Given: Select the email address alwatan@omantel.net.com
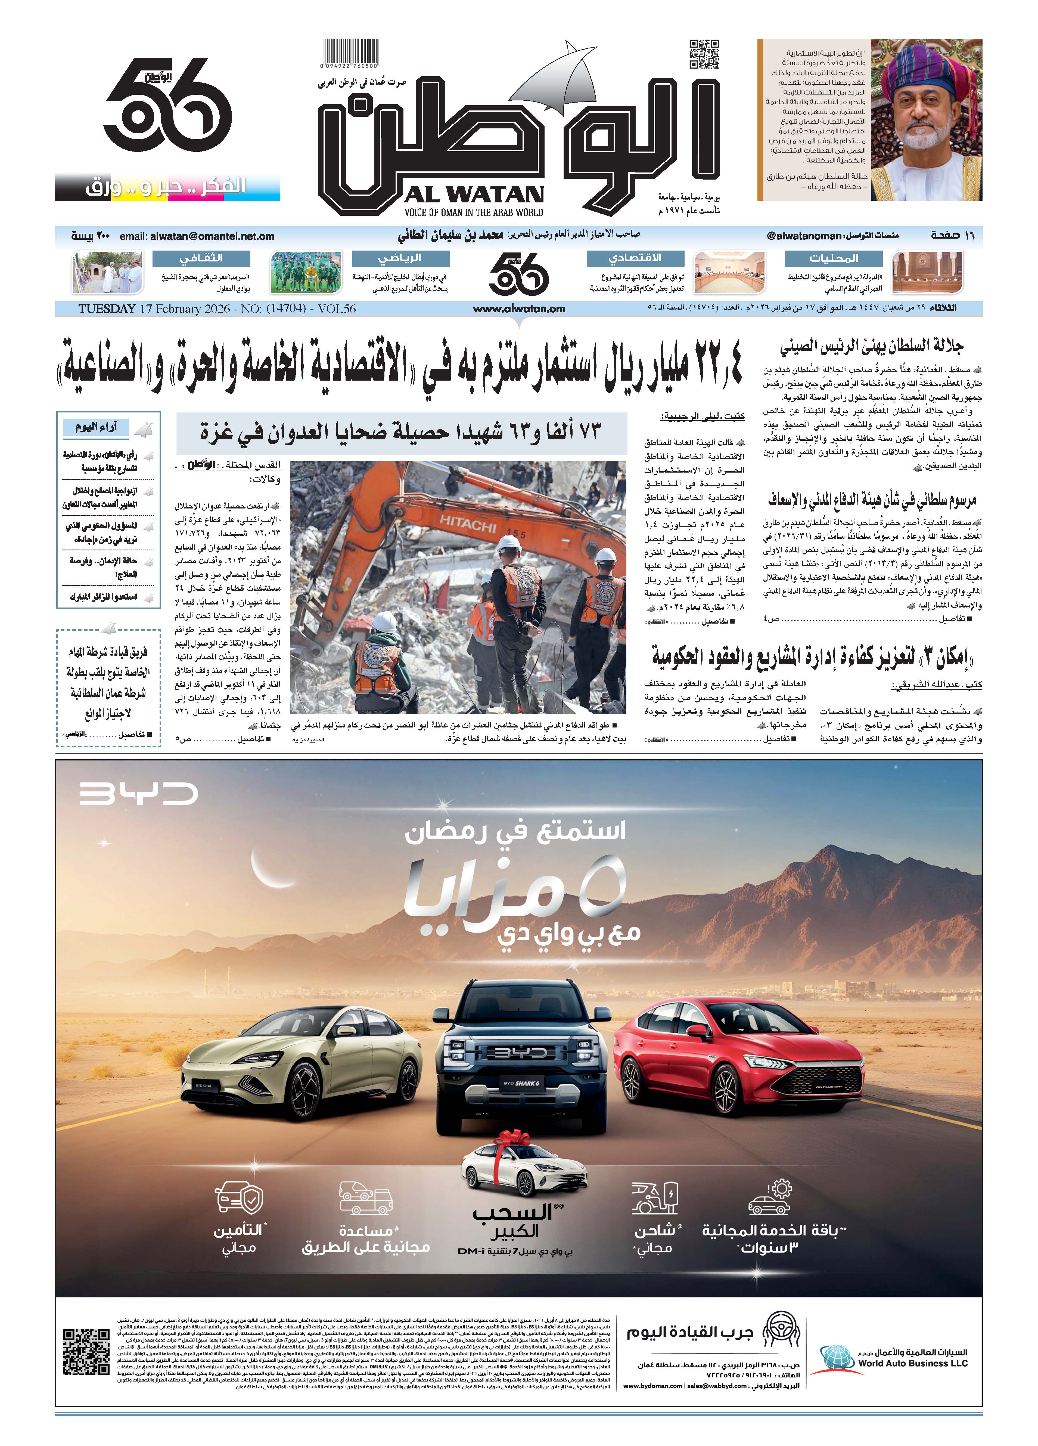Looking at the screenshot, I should click(212, 236).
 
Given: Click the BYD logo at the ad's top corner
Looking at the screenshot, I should click(139, 794).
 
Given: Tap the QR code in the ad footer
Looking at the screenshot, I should click(87, 1352).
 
